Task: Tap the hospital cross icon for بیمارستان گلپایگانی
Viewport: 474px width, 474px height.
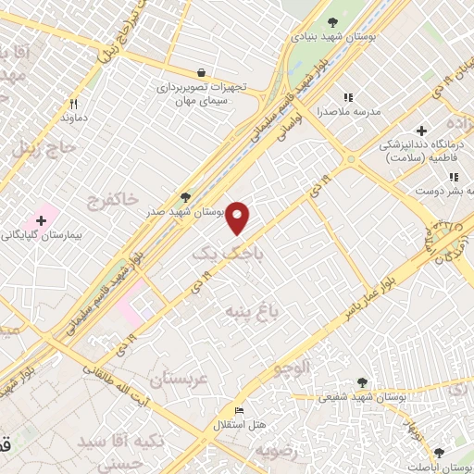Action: click(x=41, y=220)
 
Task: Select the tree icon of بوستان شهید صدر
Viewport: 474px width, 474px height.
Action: click(x=186, y=196)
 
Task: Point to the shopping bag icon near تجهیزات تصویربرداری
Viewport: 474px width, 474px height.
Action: click(x=202, y=72)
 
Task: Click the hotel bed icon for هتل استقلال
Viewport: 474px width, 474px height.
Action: click(x=240, y=410)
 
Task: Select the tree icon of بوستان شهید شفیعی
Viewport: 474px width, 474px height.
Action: click(x=361, y=381)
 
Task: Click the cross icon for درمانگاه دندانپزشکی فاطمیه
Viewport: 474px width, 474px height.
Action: click(x=422, y=131)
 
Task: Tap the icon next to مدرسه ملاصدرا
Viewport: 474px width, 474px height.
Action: click(x=348, y=97)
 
